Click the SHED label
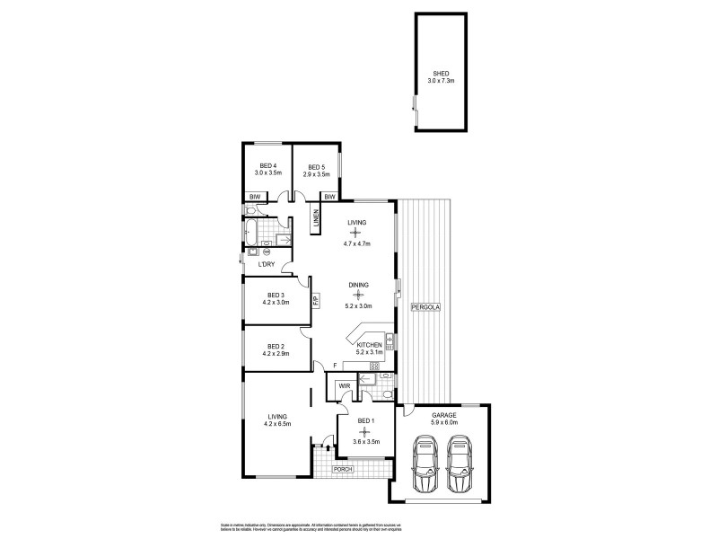(441, 74)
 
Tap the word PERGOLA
(425, 307)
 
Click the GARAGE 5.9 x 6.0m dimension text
(442, 423)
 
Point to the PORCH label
(344, 470)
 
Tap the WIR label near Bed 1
(344, 386)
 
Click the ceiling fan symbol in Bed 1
(363, 432)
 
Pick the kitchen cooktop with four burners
(375, 366)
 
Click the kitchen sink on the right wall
(391, 341)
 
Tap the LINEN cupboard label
(316, 217)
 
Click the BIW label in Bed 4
(254, 197)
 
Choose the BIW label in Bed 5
(329, 197)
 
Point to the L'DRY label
(266, 263)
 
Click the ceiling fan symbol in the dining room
(358, 295)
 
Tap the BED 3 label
(276, 295)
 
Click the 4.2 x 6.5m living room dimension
(276, 424)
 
